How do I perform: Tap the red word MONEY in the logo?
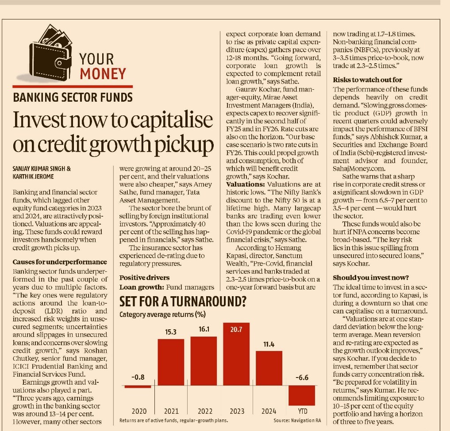coord(103,73)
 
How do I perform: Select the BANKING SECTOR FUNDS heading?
coord(72,97)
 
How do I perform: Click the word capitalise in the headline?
coord(164,121)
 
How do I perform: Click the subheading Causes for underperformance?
coord(60,263)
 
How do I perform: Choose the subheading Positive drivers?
coord(145,278)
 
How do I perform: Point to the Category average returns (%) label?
coord(163,315)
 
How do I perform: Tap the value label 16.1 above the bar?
coord(203,329)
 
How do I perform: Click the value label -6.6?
coord(302,377)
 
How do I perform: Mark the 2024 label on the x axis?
coord(269,411)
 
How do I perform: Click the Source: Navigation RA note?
coord(297,420)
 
